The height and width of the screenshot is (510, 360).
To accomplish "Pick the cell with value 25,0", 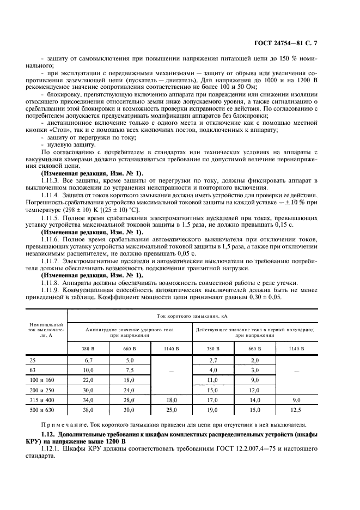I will (x=172, y=409).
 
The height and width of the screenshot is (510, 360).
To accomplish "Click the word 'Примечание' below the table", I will (x=63, y=424).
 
